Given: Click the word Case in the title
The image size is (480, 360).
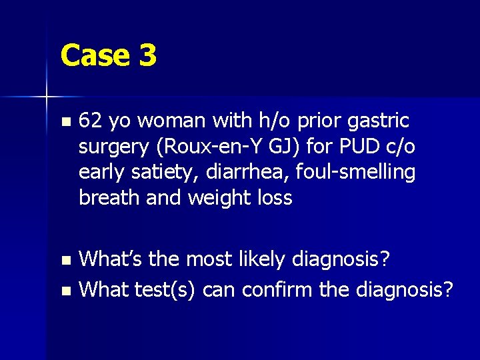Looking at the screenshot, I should click(x=95, y=55).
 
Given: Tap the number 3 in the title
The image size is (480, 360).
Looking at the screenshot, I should click(x=148, y=55).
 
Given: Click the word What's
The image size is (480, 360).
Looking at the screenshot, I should click(x=110, y=259).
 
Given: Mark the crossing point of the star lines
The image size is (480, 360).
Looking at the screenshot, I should click(x=47, y=98).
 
